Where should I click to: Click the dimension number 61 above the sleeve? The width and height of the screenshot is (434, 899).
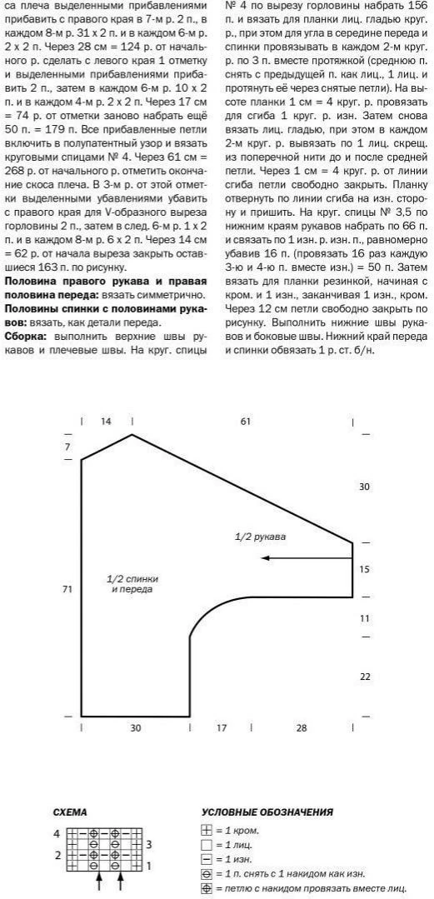point(245,422)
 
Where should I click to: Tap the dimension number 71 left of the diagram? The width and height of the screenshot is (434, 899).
point(67,589)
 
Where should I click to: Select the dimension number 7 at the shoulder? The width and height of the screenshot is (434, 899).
point(67,447)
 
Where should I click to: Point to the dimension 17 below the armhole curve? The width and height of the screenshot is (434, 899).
point(222,727)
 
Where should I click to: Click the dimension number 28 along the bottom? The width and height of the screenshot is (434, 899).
point(301,727)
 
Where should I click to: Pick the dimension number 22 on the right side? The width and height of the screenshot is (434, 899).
point(364,677)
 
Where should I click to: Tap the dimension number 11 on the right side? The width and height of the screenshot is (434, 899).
point(364,618)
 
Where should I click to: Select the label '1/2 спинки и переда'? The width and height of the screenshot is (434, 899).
point(133,583)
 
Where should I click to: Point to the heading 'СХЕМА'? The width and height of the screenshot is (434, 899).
point(70,812)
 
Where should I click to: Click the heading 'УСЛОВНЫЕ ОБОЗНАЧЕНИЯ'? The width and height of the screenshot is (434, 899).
point(267,812)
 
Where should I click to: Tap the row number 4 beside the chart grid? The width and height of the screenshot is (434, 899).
point(57,832)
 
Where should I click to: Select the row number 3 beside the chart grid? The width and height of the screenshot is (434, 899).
point(148,844)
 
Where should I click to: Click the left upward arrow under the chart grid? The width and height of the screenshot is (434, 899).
point(99,878)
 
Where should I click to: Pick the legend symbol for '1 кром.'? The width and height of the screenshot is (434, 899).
point(207,831)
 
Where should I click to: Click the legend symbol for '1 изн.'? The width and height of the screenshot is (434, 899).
point(207,859)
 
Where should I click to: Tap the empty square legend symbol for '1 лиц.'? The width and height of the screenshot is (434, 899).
point(207,845)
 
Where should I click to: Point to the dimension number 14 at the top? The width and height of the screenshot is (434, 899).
point(106,422)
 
